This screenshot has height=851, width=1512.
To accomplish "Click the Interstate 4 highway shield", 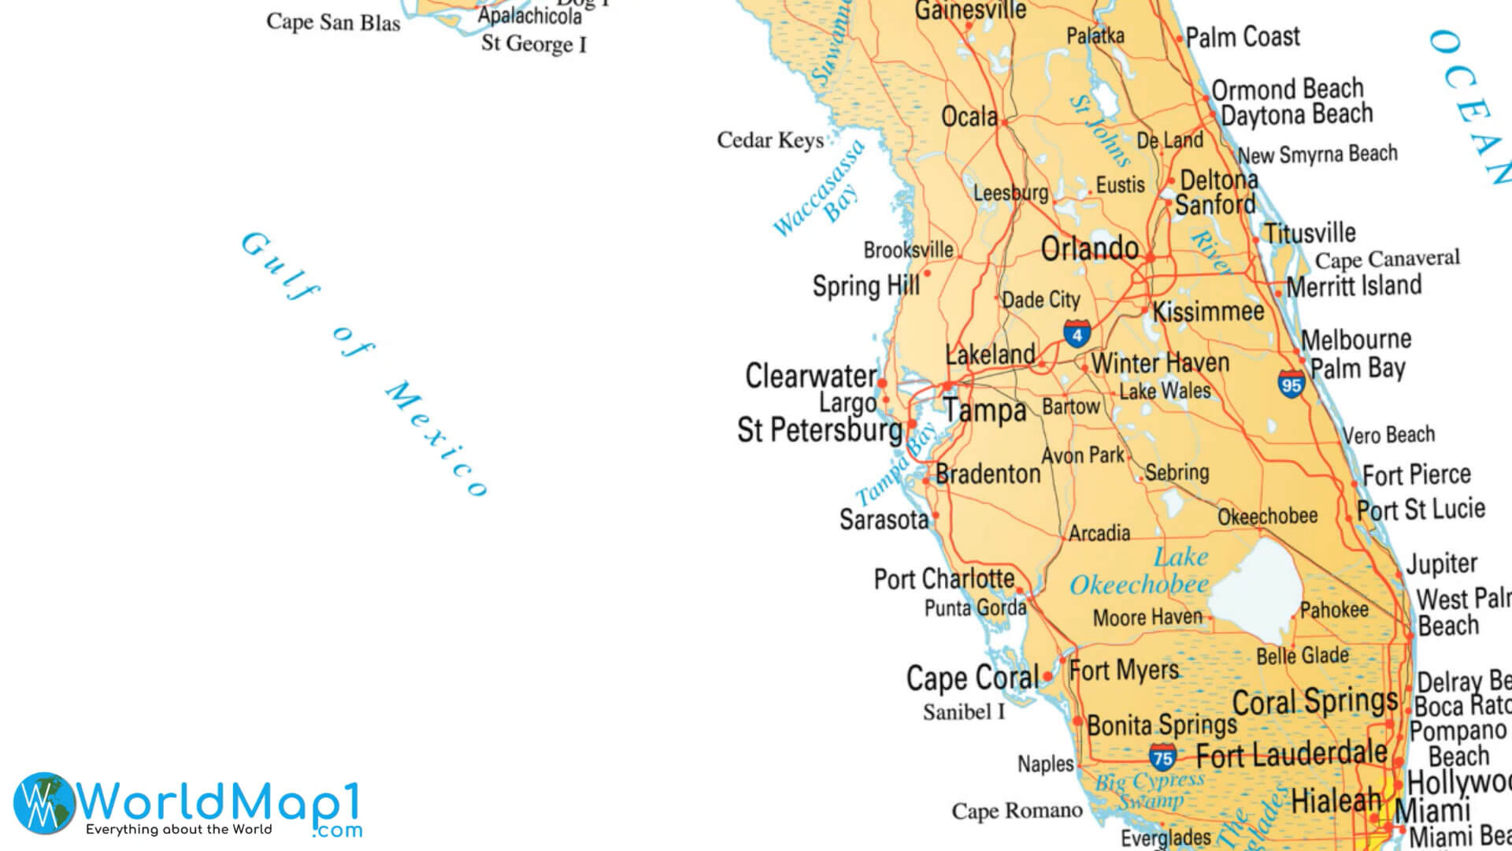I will pyautogui.click(x=1077, y=333).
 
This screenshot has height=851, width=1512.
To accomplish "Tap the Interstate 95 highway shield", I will pyautogui.click(x=1291, y=385).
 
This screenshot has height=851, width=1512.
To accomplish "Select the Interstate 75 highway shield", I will pyautogui.click(x=1162, y=758).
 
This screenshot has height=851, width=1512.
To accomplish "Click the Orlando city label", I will pyautogui.click(x=1089, y=249).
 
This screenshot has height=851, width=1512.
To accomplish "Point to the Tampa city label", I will pyautogui.click(x=985, y=411).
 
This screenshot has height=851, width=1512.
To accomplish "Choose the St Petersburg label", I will pyautogui.click(x=819, y=430).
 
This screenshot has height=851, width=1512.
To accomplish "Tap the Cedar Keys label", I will pyautogui.click(x=769, y=140).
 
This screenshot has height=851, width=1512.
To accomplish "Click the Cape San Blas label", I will pyautogui.click(x=333, y=22).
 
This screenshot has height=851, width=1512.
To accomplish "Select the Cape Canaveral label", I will pyautogui.click(x=1387, y=258).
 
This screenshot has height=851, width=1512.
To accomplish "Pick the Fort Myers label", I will pyautogui.click(x=1124, y=671).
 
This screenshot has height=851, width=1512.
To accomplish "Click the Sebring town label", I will pyautogui.click(x=1177, y=472).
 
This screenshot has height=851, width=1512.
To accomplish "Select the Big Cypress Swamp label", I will pyautogui.click(x=1151, y=790).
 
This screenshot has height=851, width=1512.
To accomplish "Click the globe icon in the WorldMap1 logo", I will pyautogui.click(x=43, y=803).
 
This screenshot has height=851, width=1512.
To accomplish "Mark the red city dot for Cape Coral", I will pyautogui.click(x=1047, y=676).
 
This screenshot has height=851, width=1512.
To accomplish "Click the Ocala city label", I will pyautogui.click(x=969, y=117).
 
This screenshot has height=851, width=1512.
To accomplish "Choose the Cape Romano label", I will pyautogui.click(x=1017, y=811).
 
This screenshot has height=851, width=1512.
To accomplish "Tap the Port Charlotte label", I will pyautogui.click(x=943, y=579).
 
